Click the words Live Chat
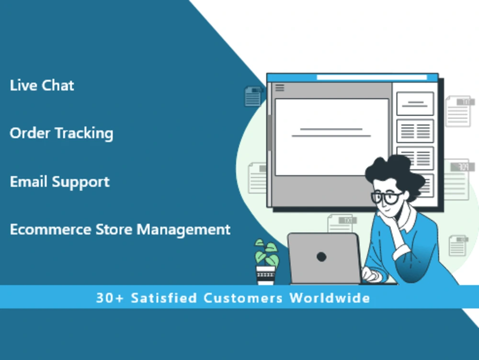coord(42,86)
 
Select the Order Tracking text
coord(61,133)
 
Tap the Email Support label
coord(60,182)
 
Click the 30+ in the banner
coord(110,298)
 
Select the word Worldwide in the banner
coord(330,298)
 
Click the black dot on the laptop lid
coord(321,257)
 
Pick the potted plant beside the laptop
coord(266,254)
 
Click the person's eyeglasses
coord(386,197)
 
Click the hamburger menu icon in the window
coord(280,88)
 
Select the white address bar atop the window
coord(372,78)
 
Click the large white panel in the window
coord(331,137)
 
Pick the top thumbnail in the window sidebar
coord(415,104)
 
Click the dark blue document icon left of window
coord(253,96)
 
